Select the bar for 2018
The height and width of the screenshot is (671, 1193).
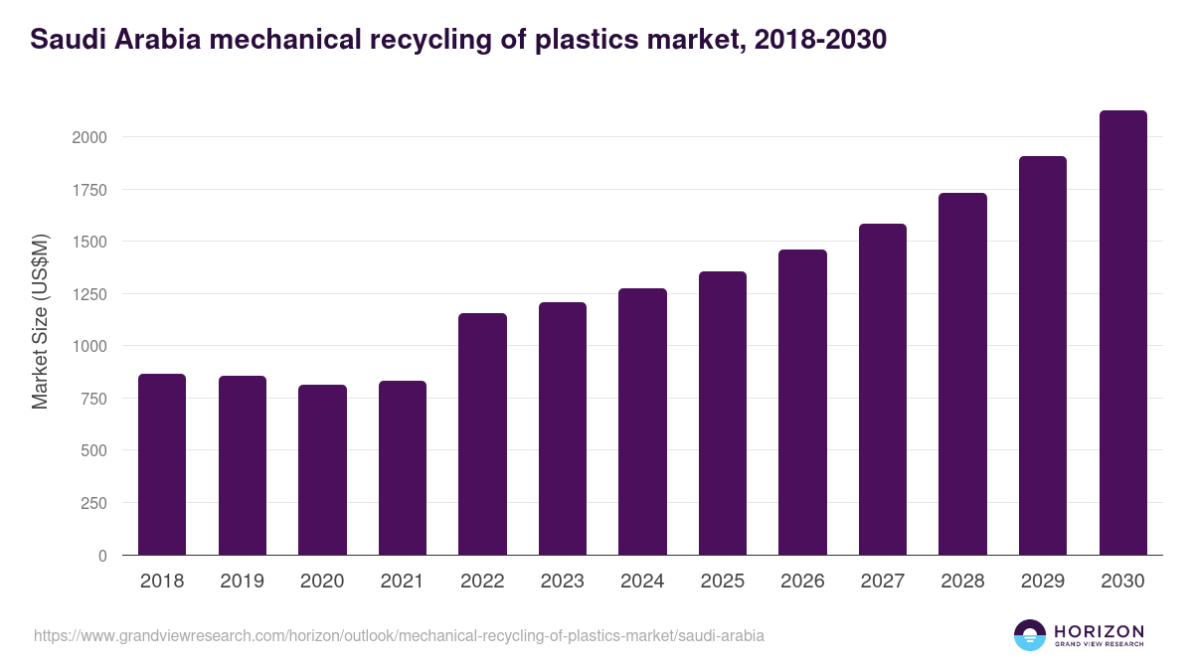(x=162, y=464)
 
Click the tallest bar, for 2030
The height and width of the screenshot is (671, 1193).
(x=1123, y=333)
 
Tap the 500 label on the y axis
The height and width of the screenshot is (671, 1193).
(x=93, y=451)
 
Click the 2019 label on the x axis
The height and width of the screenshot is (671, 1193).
(x=242, y=582)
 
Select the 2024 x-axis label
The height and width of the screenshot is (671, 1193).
(x=642, y=582)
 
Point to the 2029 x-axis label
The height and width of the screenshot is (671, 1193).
(x=1043, y=582)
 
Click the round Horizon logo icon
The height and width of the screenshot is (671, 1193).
(x=1030, y=635)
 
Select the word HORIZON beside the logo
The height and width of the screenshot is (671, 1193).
(x=1099, y=630)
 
